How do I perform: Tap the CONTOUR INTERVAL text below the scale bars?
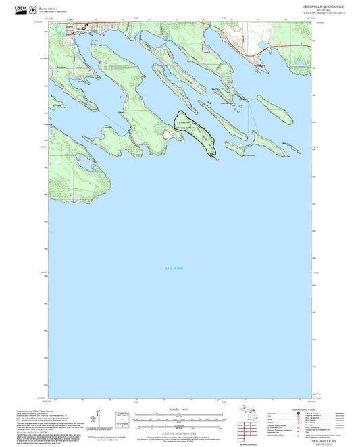(180, 429)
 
